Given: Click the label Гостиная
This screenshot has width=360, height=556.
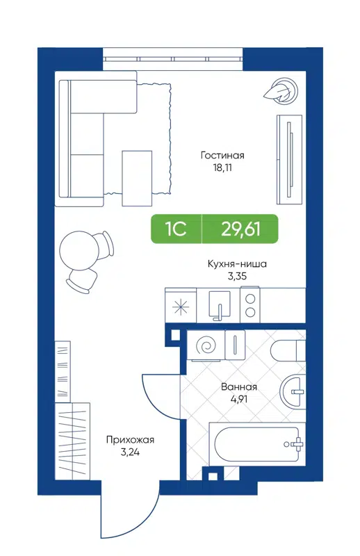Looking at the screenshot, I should click(222, 156).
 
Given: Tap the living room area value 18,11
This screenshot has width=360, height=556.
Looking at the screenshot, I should click(222, 167).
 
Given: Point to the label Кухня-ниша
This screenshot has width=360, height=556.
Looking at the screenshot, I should click(237, 264).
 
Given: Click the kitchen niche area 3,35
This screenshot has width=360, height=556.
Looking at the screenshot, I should click(237, 276).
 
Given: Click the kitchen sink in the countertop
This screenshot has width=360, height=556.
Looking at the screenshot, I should click(219, 305).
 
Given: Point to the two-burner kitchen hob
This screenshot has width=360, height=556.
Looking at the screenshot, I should click(249, 305).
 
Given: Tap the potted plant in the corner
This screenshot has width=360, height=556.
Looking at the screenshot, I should click(281, 90).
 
